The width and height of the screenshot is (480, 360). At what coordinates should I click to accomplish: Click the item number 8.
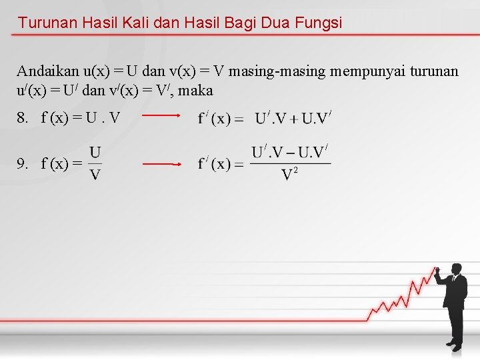pos(23,119)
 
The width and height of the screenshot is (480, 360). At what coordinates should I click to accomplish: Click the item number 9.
pos(23,163)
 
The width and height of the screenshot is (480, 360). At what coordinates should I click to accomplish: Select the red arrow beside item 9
pos(162,163)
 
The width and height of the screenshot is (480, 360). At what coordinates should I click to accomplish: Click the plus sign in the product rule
pos(294,119)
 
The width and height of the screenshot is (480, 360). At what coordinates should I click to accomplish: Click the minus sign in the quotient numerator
pos(291,153)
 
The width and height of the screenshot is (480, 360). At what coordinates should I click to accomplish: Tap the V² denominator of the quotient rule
pos(289,175)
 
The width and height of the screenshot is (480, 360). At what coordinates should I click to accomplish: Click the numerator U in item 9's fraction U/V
pos(95,153)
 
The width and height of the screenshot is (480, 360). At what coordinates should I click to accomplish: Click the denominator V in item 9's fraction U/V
pos(95,174)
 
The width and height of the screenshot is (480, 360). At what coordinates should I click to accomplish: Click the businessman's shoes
pos(454,345)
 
